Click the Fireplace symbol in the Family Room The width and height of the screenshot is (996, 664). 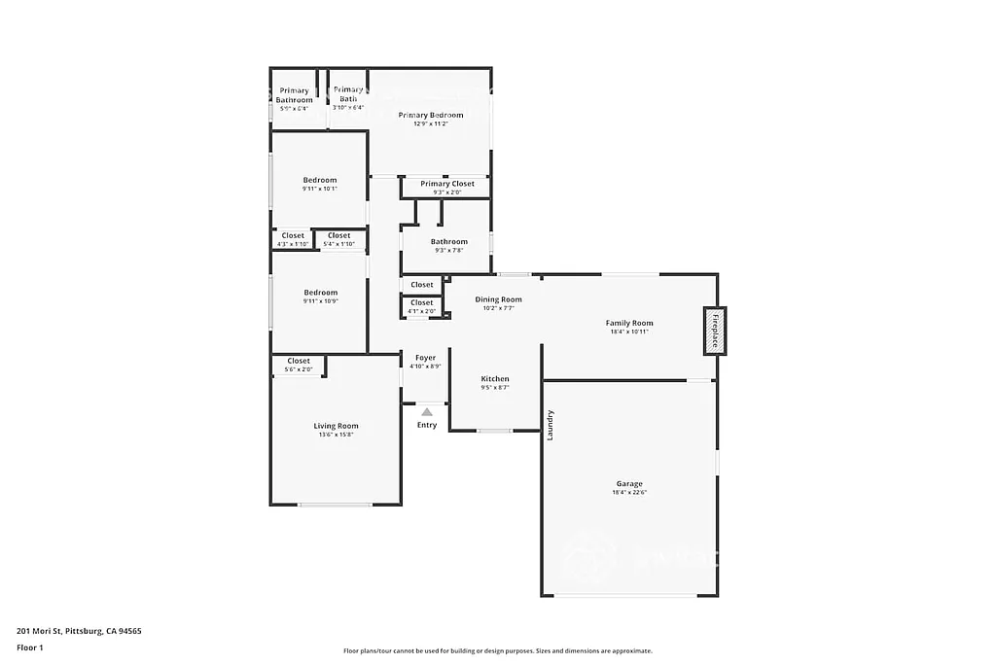[x=715, y=332]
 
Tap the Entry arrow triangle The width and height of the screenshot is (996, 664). [x=427, y=412]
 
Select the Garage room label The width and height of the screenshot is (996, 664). [x=628, y=483]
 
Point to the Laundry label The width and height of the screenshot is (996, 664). [x=551, y=425]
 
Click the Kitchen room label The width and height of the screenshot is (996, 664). [x=494, y=379]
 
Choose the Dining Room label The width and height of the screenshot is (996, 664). [x=498, y=299]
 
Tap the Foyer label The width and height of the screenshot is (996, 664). [x=425, y=358]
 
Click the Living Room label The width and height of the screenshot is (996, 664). [x=336, y=426]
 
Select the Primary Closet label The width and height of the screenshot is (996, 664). [x=447, y=184]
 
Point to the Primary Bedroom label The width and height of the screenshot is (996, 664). [x=430, y=115]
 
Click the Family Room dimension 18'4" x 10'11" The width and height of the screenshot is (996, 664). [x=628, y=332]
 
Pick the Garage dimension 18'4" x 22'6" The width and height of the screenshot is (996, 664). [x=628, y=493]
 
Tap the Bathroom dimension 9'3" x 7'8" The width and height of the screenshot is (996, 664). [x=449, y=250]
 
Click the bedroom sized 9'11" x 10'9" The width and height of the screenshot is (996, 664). [x=320, y=297]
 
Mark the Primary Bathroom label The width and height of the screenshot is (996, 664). [x=294, y=95]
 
